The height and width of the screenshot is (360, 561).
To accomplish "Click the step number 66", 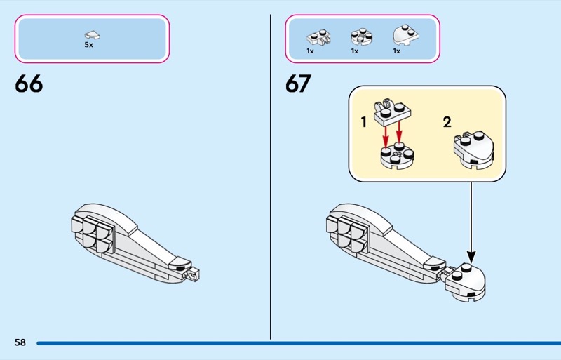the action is pos(29,84).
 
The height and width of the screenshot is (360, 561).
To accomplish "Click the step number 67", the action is pos(299,84).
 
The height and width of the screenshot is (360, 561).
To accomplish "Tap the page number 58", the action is pos(20,342).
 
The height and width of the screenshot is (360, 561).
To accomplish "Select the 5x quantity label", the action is pos(89,45).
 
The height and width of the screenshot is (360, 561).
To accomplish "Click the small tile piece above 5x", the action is pos(92,35).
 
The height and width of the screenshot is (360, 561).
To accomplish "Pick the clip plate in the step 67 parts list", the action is pos(318,37).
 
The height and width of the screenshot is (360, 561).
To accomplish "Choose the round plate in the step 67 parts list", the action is pos(361,36).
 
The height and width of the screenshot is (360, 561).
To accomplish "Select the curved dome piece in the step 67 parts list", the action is pos(406,35).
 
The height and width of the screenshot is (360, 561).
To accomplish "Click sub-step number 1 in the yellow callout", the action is pos(364,123).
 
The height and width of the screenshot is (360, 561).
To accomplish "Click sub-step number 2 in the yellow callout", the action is pos(447,123).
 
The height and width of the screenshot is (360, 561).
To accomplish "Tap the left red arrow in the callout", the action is pos(385,136).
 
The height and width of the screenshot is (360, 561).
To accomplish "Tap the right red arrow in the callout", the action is pos(399,131).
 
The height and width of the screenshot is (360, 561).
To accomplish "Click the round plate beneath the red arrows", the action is pos(397,156).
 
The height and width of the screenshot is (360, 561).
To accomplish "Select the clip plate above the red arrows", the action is pos(392,112).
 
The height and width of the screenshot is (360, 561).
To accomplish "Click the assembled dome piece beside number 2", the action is pos(474,150).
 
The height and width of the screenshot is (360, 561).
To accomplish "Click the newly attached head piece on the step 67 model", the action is pos(465,283).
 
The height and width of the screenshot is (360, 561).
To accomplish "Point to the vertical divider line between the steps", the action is pos(271,177).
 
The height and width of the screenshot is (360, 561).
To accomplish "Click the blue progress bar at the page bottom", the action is pos(299,343).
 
